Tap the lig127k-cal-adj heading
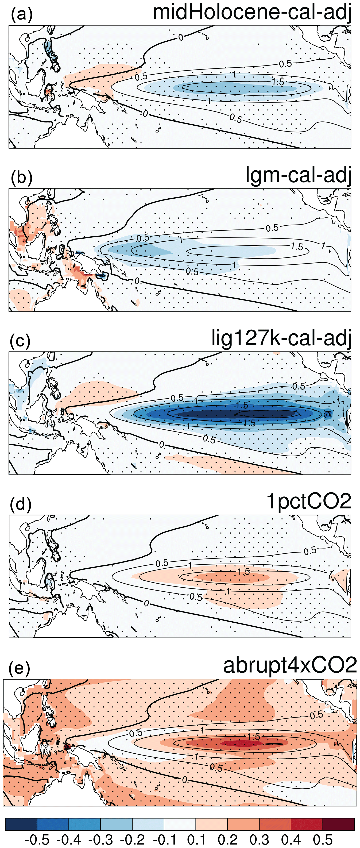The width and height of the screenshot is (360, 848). click(x=281, y=338)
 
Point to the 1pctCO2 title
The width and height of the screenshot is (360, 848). click(x=309, y=501)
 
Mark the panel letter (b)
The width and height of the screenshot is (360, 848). click(x=22, y=178)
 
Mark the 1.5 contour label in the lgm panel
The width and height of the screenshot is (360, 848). click(x=297, y=246)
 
